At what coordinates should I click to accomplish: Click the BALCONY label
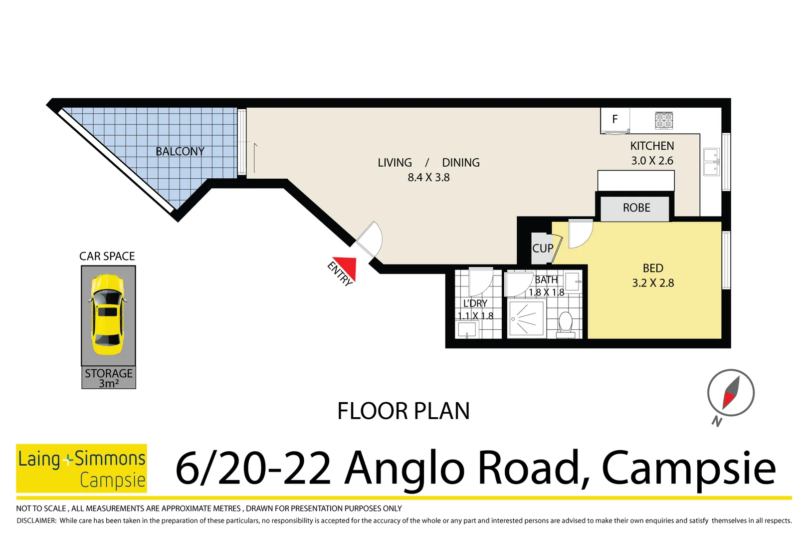click(180, 151)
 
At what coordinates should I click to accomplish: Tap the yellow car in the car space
click(108, 314)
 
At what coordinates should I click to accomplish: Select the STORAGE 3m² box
click(109, 378)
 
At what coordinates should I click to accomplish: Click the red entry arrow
click(346, 267)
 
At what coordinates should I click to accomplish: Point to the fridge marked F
click(615, 120)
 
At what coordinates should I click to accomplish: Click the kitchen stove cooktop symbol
click(664, 120)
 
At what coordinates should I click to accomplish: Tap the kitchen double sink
click(711, 162)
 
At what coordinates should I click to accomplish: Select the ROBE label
click(636, 208)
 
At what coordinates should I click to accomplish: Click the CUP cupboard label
click(542, 248)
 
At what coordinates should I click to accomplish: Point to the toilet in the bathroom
click(566, 323)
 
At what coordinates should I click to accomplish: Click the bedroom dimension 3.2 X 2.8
click(653, 283)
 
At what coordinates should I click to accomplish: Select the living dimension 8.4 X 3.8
click(428, 177)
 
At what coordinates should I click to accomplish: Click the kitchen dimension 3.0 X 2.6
click(652, 161)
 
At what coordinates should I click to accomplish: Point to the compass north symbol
click(730, 393)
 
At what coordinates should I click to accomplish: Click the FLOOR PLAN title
click(403, 411)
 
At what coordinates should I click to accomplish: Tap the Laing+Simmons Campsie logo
click(81, 468)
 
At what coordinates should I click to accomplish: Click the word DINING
click(460, 163)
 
